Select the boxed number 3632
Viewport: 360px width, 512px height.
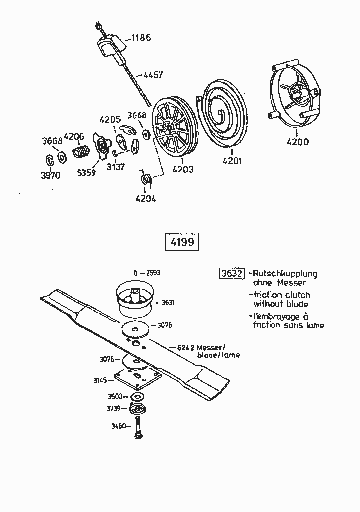pyautogui.click(x=232, y=273)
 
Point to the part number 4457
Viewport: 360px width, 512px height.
pyautogui.click(x=152, y=75)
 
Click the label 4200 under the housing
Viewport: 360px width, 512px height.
pyautogui.click(x=297, y=142)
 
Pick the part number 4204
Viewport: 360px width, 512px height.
pyautogui.click(x=145, y=198)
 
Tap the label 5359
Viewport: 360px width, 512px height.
pyautogui.click(x=86, y=173)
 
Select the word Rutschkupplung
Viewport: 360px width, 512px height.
pyautogui.click(x=285, y=274)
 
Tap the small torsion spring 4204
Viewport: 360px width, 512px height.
pyautogui.click(x=146, y=178)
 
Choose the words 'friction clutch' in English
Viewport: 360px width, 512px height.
pyautogui.click(x=281, y=295)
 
